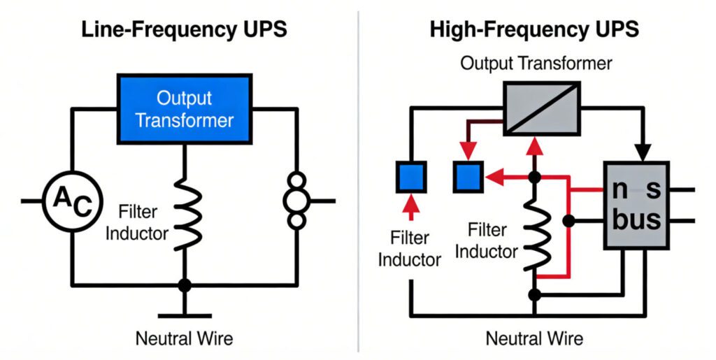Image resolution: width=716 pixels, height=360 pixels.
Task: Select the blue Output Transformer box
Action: point(184,109)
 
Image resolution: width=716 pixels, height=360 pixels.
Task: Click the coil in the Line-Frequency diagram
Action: point(185,213)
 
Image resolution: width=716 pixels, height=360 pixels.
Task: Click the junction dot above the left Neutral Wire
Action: point(185,285)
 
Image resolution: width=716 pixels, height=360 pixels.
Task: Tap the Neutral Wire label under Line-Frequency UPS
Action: point(184,339)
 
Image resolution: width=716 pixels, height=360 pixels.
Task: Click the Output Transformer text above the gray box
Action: point(536,64)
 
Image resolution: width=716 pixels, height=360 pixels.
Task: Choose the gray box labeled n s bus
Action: point(636,204)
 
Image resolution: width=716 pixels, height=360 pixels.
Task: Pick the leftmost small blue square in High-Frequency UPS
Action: point(412,176)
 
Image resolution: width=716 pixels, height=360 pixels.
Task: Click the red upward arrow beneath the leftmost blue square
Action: point(412,203)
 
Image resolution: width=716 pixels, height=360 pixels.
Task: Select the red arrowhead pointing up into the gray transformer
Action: point(535,145)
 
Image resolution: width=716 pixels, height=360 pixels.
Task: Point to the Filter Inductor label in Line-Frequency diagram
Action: point(137,222)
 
